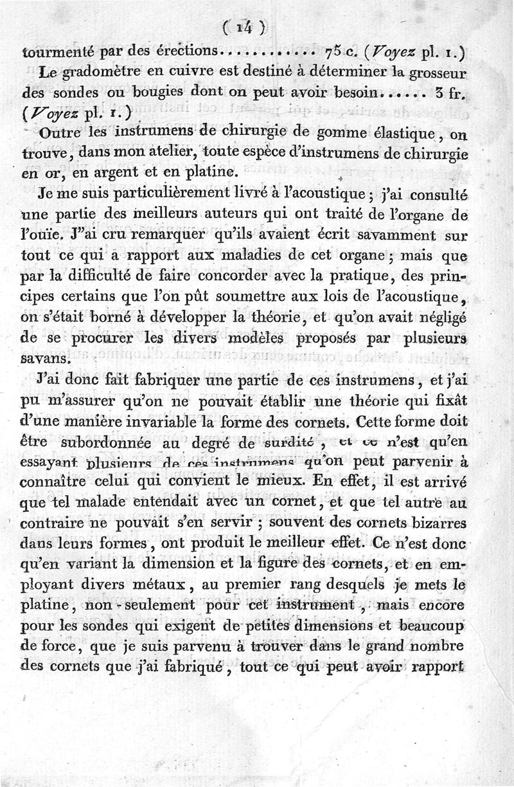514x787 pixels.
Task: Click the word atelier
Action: tap(161, 154)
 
